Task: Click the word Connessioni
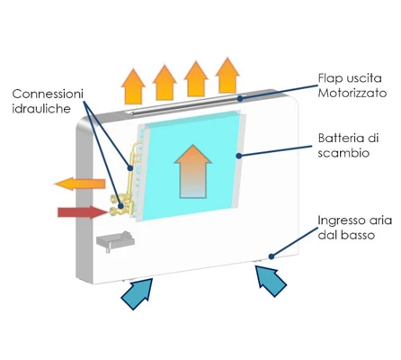[48, 94]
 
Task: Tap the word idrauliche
[41, 108]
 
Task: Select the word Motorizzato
[352, 93]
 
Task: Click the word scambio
[343, 153]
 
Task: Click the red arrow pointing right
[83, 212]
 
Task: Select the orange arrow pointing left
[80, 184]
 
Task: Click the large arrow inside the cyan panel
[193, 171]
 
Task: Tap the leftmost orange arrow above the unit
[133, 86]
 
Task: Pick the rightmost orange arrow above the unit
[227, 75]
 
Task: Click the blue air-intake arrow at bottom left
[138, 293]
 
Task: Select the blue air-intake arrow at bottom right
[272, 281]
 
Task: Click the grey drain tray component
[115, 240]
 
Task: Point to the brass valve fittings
[122, 205]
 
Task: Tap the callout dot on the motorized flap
[240, 98]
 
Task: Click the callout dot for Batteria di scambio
[238, 156]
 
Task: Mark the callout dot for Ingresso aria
[272, 256]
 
